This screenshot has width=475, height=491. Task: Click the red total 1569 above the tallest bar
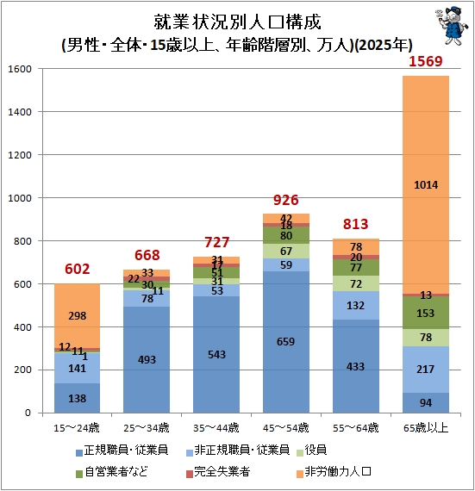[426, 61]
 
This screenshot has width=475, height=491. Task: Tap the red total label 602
[77, 269]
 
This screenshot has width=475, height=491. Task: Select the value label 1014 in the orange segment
[426, 185]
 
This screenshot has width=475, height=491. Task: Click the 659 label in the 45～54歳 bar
[285, 342]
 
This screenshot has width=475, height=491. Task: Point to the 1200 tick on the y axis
[20, 155]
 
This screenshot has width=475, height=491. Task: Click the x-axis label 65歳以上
[426, 428]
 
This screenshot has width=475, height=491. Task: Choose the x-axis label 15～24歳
[77, 428]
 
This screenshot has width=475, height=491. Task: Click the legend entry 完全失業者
[218, 471]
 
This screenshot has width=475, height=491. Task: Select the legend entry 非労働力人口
[334, 471]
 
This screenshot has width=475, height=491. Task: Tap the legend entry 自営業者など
[112, 471]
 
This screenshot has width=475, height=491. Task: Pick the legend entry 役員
[312, 451]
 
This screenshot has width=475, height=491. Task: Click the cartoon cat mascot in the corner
[452, 26]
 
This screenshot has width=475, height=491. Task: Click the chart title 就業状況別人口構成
[238, 22]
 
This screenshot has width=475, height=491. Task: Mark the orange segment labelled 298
[77, 315]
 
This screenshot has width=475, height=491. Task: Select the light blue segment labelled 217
[426, 370]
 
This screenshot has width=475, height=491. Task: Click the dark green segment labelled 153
[426, 313]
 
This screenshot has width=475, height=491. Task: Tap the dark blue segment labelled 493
[147, 360]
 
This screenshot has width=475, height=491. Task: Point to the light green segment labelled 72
[356, 283]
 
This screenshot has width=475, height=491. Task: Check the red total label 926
[285, 200]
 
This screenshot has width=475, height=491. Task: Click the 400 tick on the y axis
[23, 327]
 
